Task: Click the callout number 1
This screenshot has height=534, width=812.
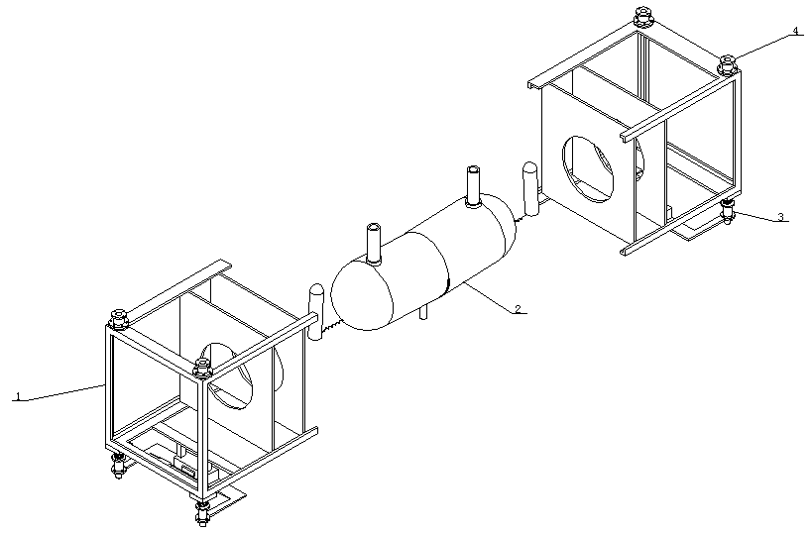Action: point(19,397)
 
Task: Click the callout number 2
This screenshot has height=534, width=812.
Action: point(518,309)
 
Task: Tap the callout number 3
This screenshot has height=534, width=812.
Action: point(780,217)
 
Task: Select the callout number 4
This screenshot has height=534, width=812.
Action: point(795,31)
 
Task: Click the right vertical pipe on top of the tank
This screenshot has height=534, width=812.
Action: point(473,186)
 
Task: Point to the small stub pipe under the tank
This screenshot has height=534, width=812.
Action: point(423,312)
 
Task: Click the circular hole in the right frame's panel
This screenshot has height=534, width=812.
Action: point(587,168)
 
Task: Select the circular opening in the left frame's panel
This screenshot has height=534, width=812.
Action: point(230,376)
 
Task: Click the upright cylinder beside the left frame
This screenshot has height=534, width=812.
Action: point(315,311)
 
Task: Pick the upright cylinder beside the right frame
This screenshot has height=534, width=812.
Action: point(530,189)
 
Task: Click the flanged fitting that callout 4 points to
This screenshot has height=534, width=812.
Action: point(727,65)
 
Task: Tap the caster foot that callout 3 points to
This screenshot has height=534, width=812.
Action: point(727,212)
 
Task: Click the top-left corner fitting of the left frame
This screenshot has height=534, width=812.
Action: point(118,320)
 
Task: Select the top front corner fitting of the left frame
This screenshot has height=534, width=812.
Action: point(202,369)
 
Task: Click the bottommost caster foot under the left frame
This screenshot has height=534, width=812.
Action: point(202,513)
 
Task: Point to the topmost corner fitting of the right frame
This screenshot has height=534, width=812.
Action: point(643,17)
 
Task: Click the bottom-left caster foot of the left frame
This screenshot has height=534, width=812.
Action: point(119,467)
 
